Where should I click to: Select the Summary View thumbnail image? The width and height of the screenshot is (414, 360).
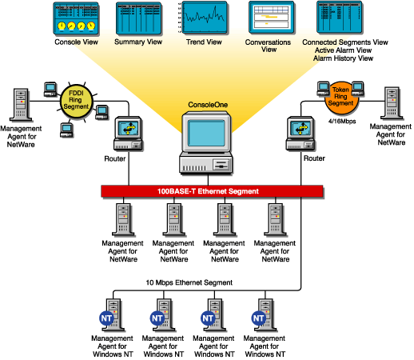(x=138, y=17)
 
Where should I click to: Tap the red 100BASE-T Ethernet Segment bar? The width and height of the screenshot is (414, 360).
(x=211, y=192)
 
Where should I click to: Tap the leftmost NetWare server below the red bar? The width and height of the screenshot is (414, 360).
(x=124, y=218)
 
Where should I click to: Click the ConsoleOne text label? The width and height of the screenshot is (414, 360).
(x=207, y=105)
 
